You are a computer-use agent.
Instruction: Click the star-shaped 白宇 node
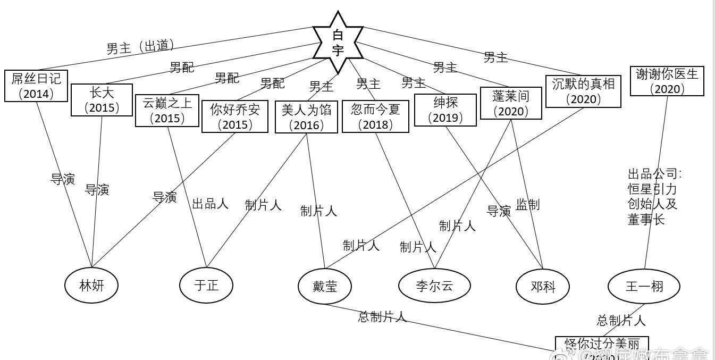338,43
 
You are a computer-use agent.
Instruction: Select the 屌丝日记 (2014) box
36,86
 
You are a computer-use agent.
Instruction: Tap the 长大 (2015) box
102,100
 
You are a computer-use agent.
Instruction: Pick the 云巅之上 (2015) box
167,111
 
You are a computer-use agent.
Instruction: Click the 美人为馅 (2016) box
306,117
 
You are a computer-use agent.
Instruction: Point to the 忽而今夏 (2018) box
375,116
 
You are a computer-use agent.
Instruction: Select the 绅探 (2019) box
445,110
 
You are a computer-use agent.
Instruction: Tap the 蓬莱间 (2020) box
511,103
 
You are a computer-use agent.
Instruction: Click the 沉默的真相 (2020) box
583,91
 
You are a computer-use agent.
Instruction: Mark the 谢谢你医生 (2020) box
667,81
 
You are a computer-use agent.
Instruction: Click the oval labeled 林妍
91,286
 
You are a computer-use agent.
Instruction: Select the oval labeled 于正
206,286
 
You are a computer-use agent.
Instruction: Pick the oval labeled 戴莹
324,286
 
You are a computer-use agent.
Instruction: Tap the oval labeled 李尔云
434,286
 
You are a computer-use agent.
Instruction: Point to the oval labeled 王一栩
644,286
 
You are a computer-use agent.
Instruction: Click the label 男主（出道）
140,47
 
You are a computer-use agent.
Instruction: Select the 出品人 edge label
210,203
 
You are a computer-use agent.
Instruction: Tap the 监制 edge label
527,204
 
